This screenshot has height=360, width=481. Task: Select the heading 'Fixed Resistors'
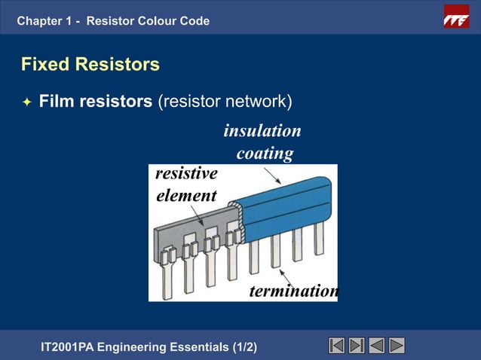click(90, 65)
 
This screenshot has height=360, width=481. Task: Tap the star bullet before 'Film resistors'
click(26, 102)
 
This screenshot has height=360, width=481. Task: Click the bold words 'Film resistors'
click(96, 101)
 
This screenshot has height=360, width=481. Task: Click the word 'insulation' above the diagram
click(262, 131)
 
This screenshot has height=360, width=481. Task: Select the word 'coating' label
click(265, 154)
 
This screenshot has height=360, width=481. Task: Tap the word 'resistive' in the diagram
click(186, 174)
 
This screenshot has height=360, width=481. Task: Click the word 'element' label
click(186, 196)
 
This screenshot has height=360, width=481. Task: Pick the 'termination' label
click(293, 291)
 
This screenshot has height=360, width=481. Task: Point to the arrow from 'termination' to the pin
click(284, 273)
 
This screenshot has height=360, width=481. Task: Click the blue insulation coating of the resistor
click(286, 207)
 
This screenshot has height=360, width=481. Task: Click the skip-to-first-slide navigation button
click(337, 346)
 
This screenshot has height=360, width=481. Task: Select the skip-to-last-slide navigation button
click(357, 346)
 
